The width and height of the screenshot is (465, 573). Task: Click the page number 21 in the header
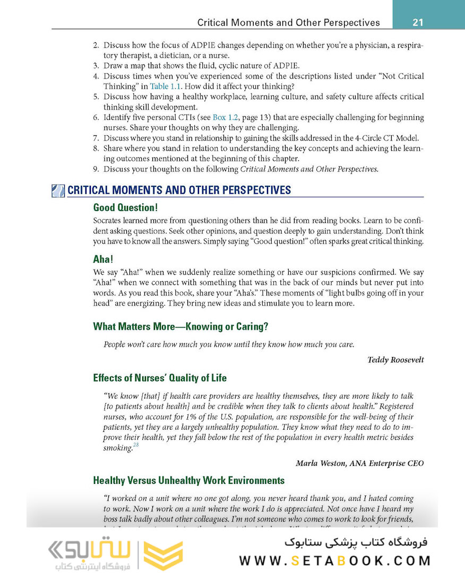(x=417, y=22)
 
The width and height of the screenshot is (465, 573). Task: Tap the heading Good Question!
(x=125, y=207)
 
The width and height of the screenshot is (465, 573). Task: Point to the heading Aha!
(x=103, y=259)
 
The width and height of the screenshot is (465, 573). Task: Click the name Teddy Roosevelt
(x=395, y=360)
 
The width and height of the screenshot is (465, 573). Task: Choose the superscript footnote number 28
(x=136, y=445)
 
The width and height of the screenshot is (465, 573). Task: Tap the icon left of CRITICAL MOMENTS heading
(x=58, y=190)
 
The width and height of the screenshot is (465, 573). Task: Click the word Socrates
(x=108, y=220)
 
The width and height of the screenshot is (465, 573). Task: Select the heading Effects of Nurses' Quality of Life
(x=160, y=378)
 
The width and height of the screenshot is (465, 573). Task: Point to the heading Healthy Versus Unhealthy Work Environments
(x=188, y=481)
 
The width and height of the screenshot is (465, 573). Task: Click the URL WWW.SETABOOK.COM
(x=334, y=561)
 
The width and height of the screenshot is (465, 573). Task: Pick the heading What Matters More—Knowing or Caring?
(x=179, y=326)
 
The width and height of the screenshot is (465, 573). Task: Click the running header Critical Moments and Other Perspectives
(x=288, y=23)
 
